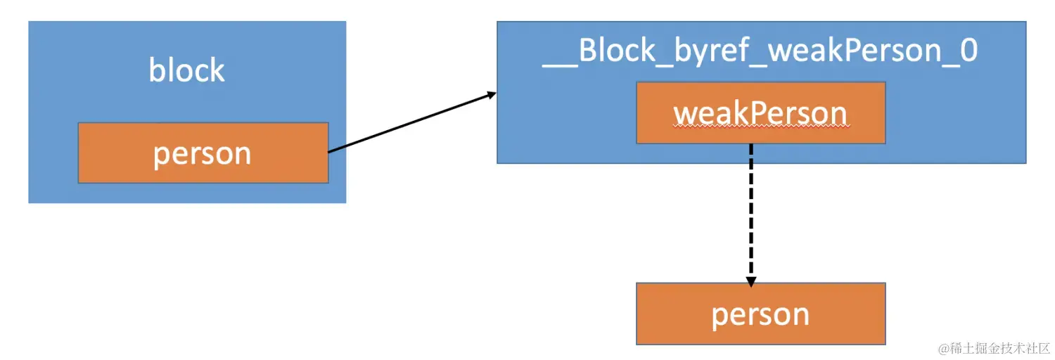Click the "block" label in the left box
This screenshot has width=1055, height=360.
tap(187, 70)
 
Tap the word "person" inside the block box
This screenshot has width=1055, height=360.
tap(203, 153)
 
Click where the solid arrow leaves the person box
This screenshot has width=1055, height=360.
tap(330, 151)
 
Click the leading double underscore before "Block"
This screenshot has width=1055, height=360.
tap(560, 62)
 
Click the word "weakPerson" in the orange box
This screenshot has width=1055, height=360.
tap(760, 113)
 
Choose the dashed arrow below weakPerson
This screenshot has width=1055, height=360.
tap(750, 211)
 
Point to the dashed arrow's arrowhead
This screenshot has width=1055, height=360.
tap(750, 281)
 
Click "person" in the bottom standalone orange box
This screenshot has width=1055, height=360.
tap(760, 314)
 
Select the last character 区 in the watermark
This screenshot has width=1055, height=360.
tap(1044, 348)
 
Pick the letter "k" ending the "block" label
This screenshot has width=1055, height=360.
tap(217, 70)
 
